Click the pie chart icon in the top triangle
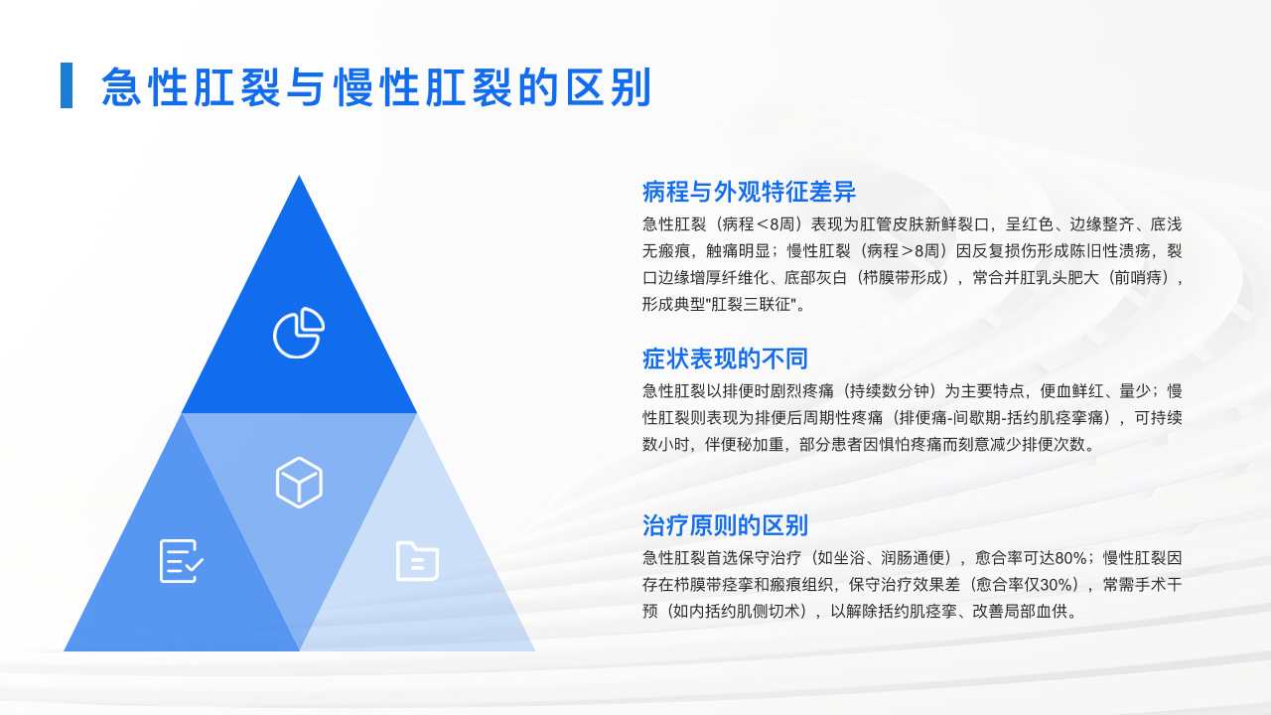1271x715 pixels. [299, 333]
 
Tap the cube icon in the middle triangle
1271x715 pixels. [299, 483]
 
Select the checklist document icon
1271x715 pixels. [181, 561]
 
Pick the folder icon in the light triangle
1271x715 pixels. [417, 561]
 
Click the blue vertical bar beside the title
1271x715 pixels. [67, 85]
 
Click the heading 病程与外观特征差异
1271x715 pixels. [749, 192]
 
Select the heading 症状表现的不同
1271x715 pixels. [725, 358]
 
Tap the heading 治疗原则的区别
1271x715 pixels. [725, 525]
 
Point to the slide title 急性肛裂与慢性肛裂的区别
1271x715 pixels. [376, 87]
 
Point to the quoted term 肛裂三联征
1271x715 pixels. [750, 305]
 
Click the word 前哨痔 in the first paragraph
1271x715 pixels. [1138, 278]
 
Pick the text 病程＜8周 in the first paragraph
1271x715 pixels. [755, 224]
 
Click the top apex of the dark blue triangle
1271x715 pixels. [299, 176]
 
